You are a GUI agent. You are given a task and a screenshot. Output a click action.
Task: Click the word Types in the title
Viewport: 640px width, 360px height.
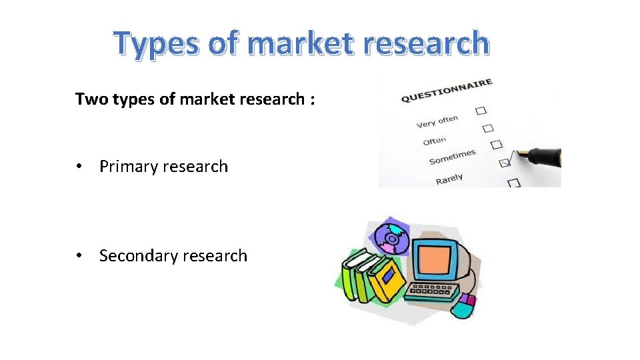[155, 44]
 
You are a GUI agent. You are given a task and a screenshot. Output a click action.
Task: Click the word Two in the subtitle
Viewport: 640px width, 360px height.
[90, 99]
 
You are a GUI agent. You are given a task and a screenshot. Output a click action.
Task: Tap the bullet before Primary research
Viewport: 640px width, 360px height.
[80, 167]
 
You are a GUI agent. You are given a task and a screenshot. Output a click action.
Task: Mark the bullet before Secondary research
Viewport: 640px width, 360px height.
[80, 255]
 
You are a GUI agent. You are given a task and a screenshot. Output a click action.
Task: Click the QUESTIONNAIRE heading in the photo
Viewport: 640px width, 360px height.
[446, 91]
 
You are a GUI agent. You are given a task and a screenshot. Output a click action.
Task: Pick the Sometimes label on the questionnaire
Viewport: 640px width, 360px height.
[452, 157]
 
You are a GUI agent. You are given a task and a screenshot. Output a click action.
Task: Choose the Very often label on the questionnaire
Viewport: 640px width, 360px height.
[437, 121]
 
